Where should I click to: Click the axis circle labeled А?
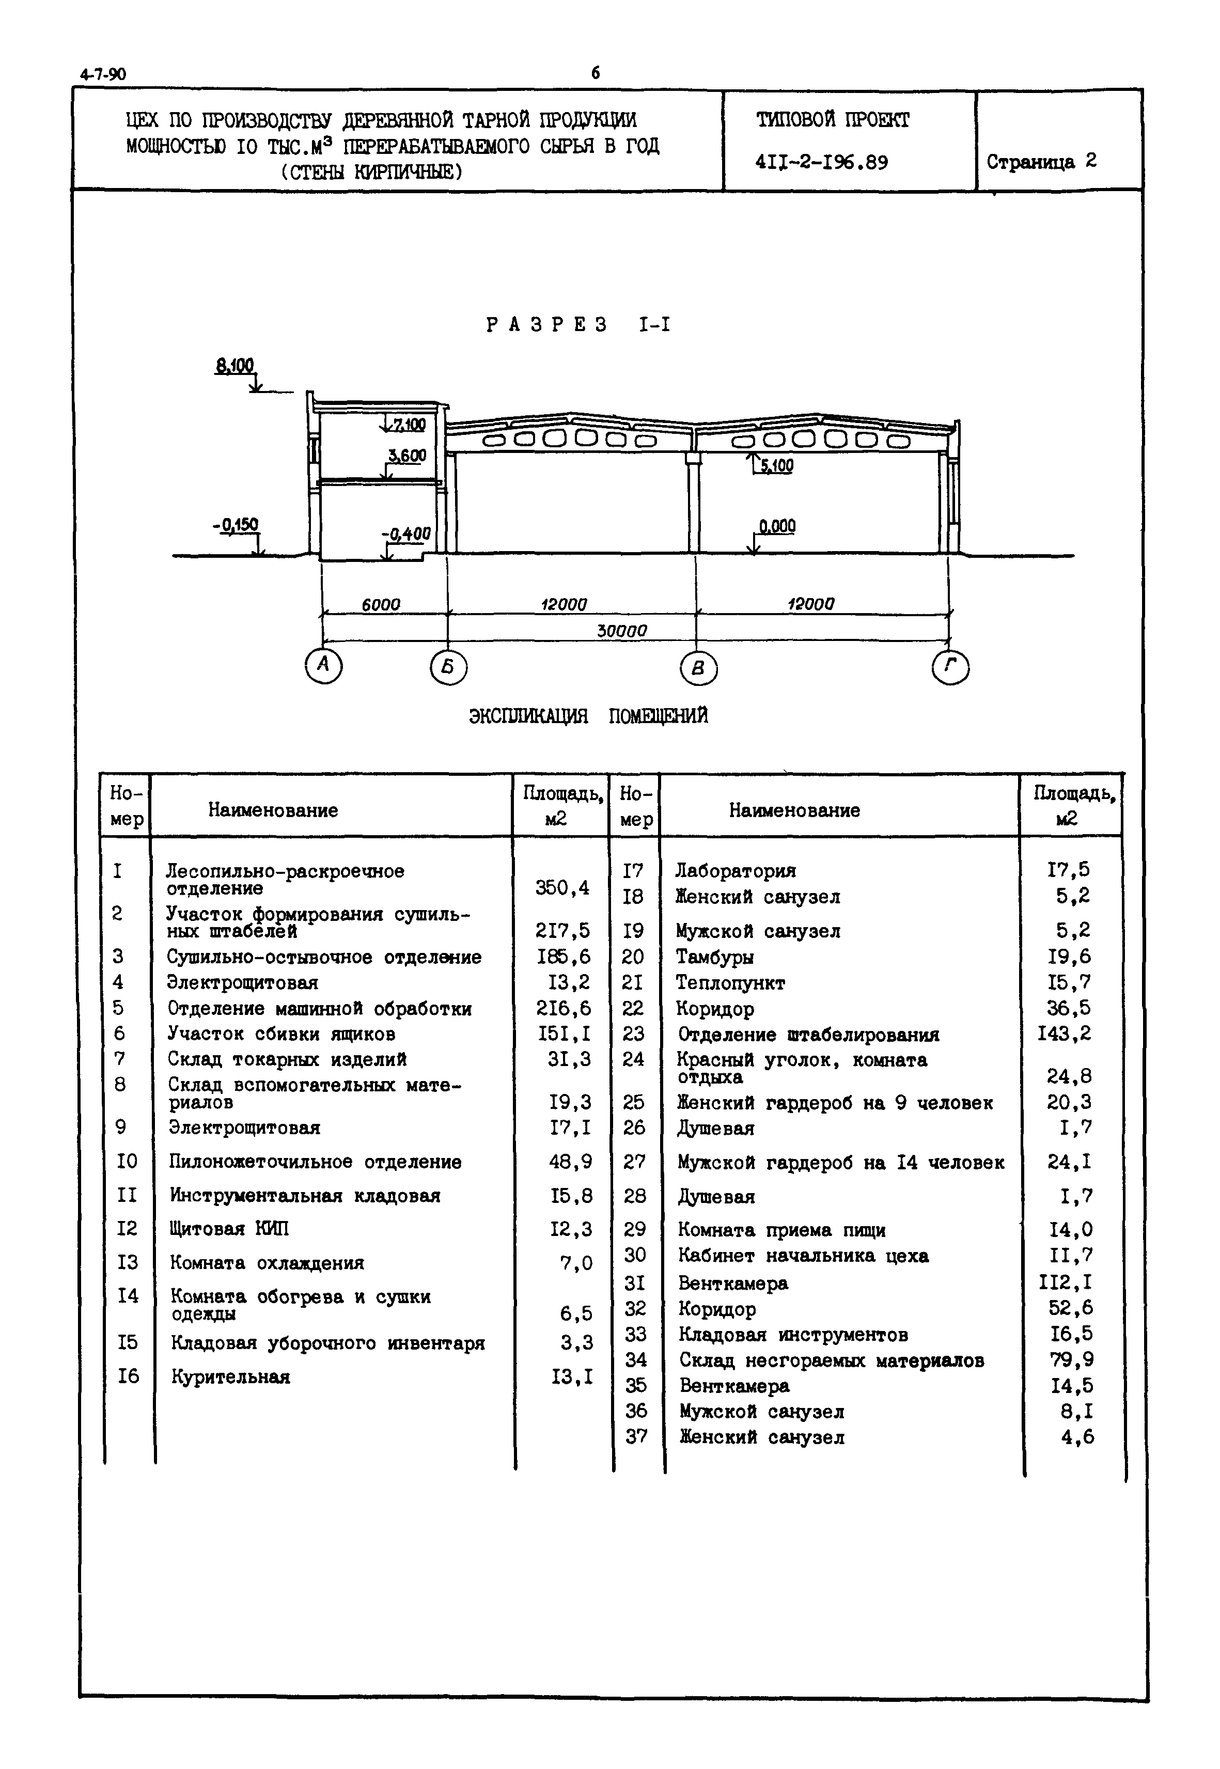coord(323,665)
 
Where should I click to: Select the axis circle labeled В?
coord(697,670)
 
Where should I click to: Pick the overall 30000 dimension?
coord(621,631)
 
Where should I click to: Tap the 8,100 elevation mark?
coord(234,366)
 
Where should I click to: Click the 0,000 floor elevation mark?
coord(777,526)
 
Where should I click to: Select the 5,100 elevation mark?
coord(777,465)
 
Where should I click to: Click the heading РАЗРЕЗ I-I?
coord(578,325)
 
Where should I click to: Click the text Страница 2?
coord(1041,161)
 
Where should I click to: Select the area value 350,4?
coord(562,887)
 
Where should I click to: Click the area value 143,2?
coord(1064,1034)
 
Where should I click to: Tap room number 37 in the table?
coord(636,1436)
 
